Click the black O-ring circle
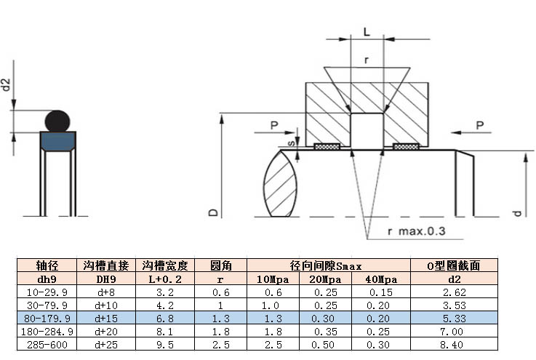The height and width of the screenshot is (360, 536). [x=57, y=121]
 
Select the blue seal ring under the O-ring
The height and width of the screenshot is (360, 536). [x=57, y=141]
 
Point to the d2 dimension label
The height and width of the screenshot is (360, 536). [x=6, y=84]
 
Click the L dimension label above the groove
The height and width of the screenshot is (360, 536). [x=367, y=32]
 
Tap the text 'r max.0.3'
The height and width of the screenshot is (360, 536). [x=417, y=231]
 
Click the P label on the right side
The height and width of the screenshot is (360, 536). [x=480, y=125]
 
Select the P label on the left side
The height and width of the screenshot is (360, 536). [x=274, y=126]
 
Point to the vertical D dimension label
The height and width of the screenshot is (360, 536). [x=212, y=212]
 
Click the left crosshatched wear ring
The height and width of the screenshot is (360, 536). [x=327, y=147]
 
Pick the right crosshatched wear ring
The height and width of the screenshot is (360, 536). [x=406, y=147]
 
